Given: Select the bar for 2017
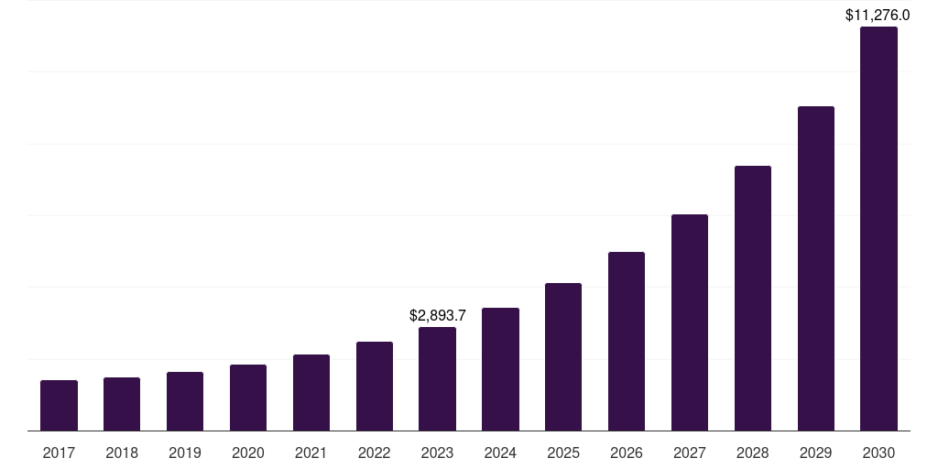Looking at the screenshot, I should [x=59, y=406].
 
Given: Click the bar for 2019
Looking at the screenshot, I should [x=185, y=401].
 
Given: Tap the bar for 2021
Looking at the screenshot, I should [x=311, y=393].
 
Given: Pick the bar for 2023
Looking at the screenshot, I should [x=437, y=379].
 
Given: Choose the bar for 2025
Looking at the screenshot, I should [x=563, y=357].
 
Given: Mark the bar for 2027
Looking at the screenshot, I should [x=690, y=322].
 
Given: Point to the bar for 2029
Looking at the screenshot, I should [x=816, y=268].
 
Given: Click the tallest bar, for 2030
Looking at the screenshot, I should [x=878, y=229].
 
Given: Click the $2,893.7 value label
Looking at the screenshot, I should [x=438, y=315].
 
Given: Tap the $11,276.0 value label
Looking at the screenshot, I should [x=878, y=15].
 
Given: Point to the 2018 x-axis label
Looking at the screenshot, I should [x=122, y=453].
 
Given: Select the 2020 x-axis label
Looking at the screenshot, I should [x=248, y=453].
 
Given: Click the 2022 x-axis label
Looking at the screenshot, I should [x=375, y=453].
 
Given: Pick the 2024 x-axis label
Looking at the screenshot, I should [x=500, y=453].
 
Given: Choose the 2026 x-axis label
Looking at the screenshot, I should [x=627, y=453].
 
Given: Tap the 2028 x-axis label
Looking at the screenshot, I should [x=753, y=453].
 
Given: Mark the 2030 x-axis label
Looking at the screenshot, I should [x=878, y=453].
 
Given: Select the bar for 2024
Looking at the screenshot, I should [x=500, y=369].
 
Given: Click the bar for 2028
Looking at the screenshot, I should [x=753, y=299].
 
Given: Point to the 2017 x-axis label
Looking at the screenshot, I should [x=59, y=453].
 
